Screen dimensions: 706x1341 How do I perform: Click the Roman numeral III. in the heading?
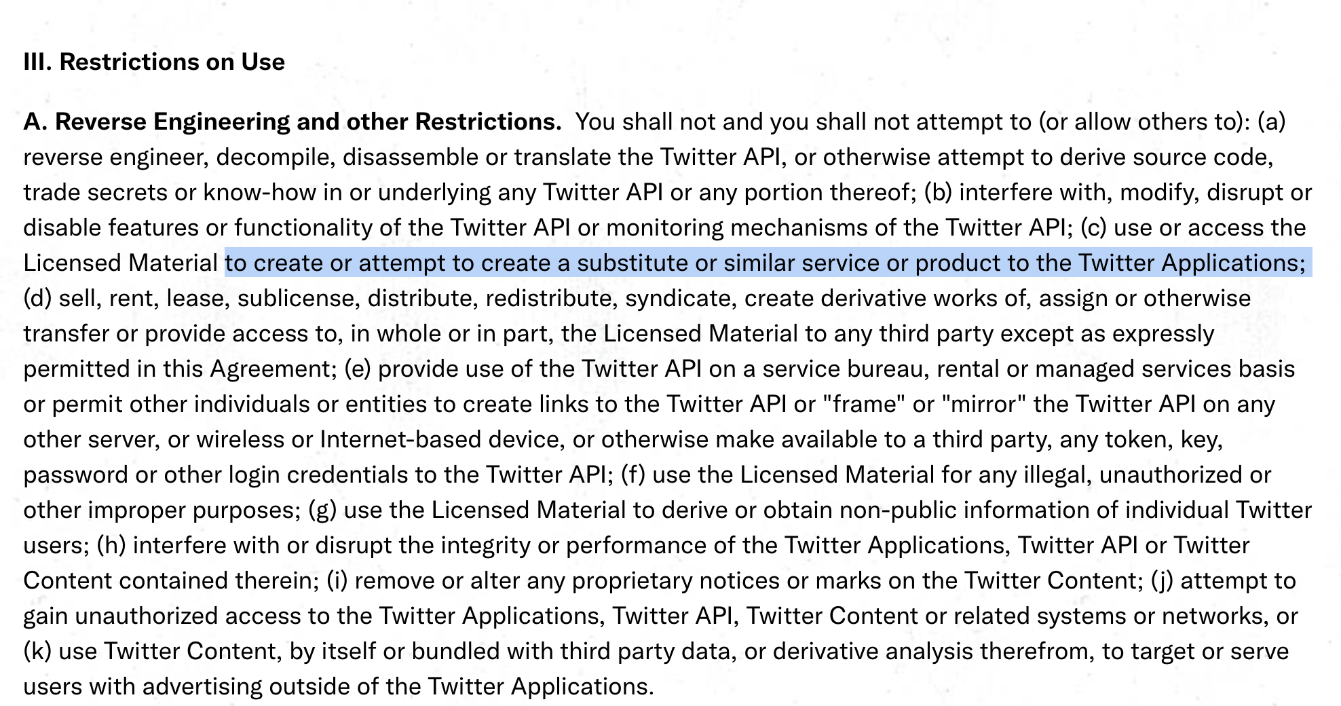click(37, 62)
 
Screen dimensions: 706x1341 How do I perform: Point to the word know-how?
click(260, 193)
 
